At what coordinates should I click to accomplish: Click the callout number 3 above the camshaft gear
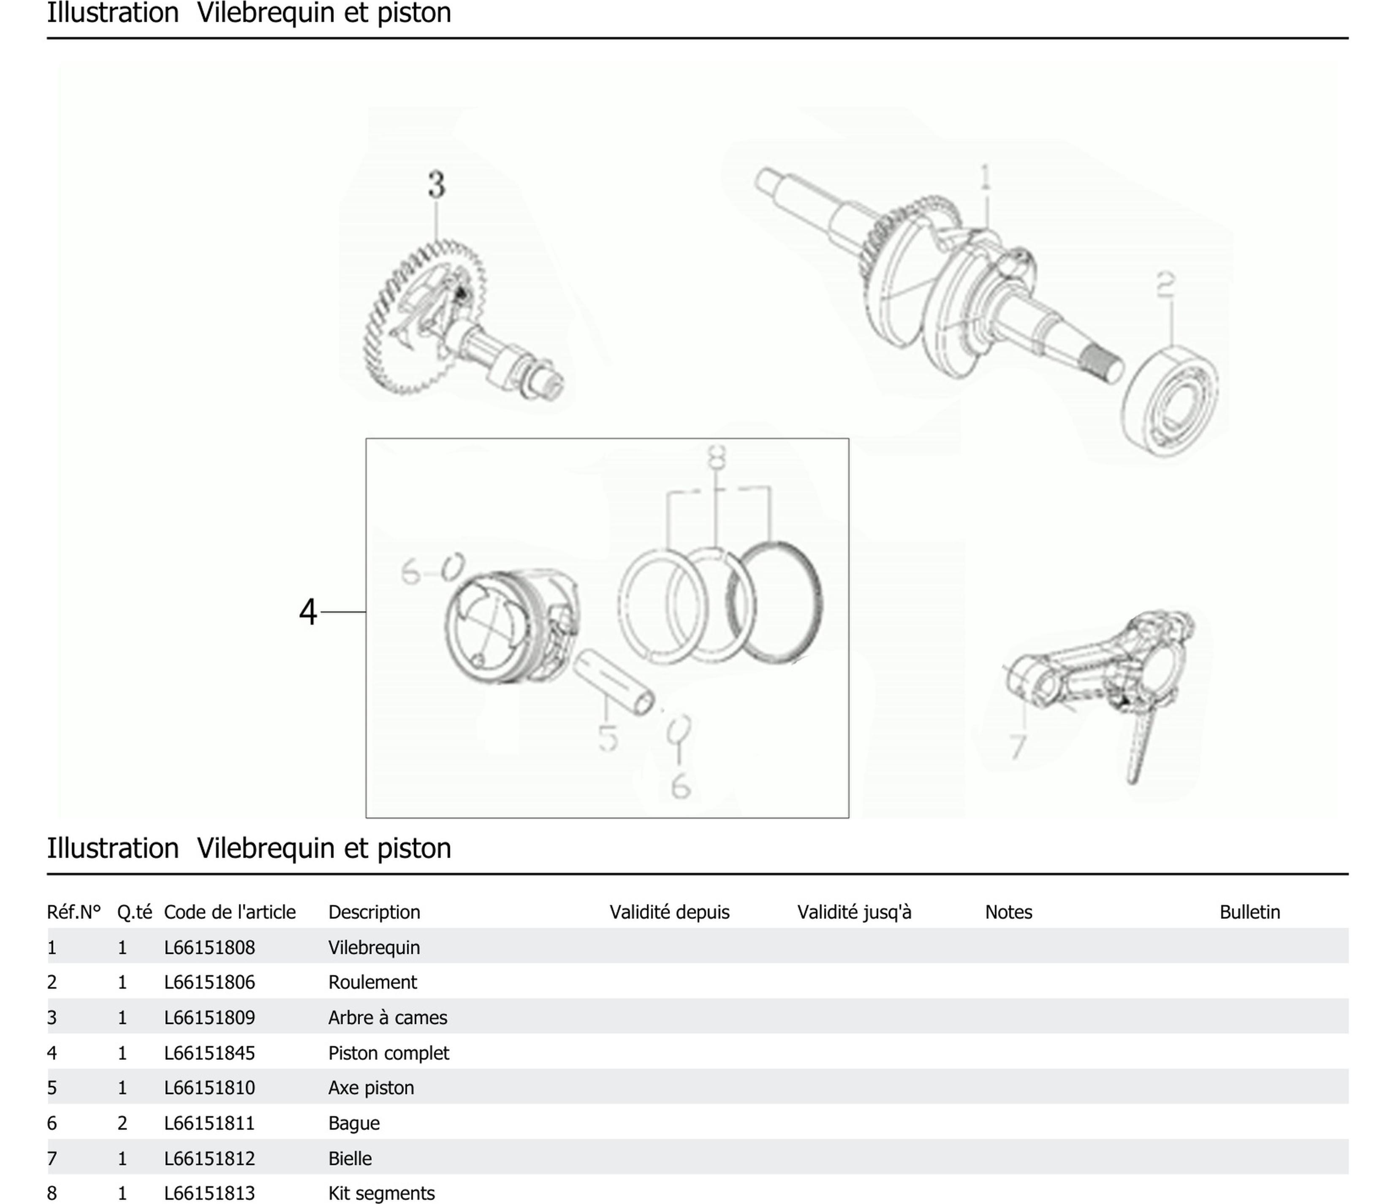pyautogui.click(x=437, y=184)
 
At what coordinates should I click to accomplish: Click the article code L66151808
pyautogui.click(x=209, y=947)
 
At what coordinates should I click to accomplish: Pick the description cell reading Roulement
pyautogui.click(x=372, y=982)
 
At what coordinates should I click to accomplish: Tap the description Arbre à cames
pyautogui.click(x=387, y=1017)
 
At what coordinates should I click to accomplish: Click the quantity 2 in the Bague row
pyautogui.click(x=122, y=1123)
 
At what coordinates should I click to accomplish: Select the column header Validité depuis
pyautogui.click(x=669, y=912)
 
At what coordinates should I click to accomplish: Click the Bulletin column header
pyautogui.click(x=1249, y=912)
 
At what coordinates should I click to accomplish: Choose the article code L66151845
pyautogui.click(x=209, y=1053)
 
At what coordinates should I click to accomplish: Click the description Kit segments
pyautogui.click(x=381, y=1193)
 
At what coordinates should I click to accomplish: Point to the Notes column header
pyautogui.click(x=1008, y=912)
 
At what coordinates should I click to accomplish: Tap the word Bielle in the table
pyautogui.click(x=350, y=1158)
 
